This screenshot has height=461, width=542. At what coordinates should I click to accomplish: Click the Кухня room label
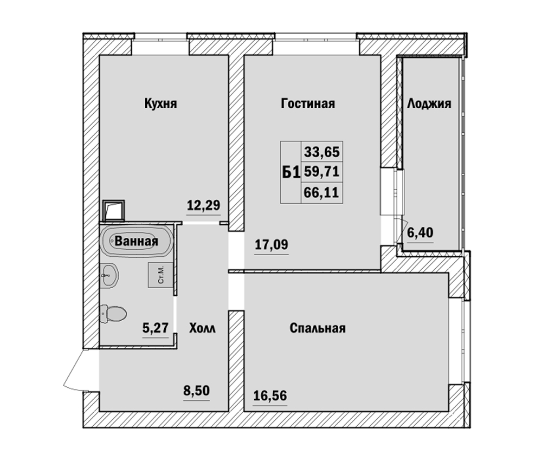coord(160,103)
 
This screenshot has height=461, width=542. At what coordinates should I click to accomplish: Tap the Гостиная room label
coord(308,103)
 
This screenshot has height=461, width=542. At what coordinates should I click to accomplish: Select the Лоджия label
coord(429,103)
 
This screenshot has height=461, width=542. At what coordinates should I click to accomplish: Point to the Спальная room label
coord(317,328)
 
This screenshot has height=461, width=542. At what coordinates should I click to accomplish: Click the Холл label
coord(202,328)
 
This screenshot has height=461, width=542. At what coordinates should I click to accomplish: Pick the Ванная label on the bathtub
coord(136,241)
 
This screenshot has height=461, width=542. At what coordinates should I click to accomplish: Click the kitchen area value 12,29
coord(203,205)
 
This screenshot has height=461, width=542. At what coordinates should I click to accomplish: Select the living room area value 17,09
coord(272,245)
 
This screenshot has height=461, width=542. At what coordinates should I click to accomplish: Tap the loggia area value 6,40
coord(420,232)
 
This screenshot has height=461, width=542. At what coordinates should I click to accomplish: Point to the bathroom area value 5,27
coord(155,327)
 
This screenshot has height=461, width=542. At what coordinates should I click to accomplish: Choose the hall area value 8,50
coord(196,391)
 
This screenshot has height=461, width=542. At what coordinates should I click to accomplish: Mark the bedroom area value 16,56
coord(270,395)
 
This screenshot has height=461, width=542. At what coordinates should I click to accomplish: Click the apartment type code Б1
coord(291,172)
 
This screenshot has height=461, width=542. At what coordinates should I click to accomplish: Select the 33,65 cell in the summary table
coord(322,152)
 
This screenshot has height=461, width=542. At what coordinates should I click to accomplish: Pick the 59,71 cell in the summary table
coord(322,171)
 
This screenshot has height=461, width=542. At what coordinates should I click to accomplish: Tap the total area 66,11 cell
coord(322,192)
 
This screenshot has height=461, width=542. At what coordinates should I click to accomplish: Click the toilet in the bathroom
coord(113,314)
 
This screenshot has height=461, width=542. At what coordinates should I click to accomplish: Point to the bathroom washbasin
coord(109,275)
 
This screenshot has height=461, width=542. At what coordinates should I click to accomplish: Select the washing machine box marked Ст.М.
coord(161,275)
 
